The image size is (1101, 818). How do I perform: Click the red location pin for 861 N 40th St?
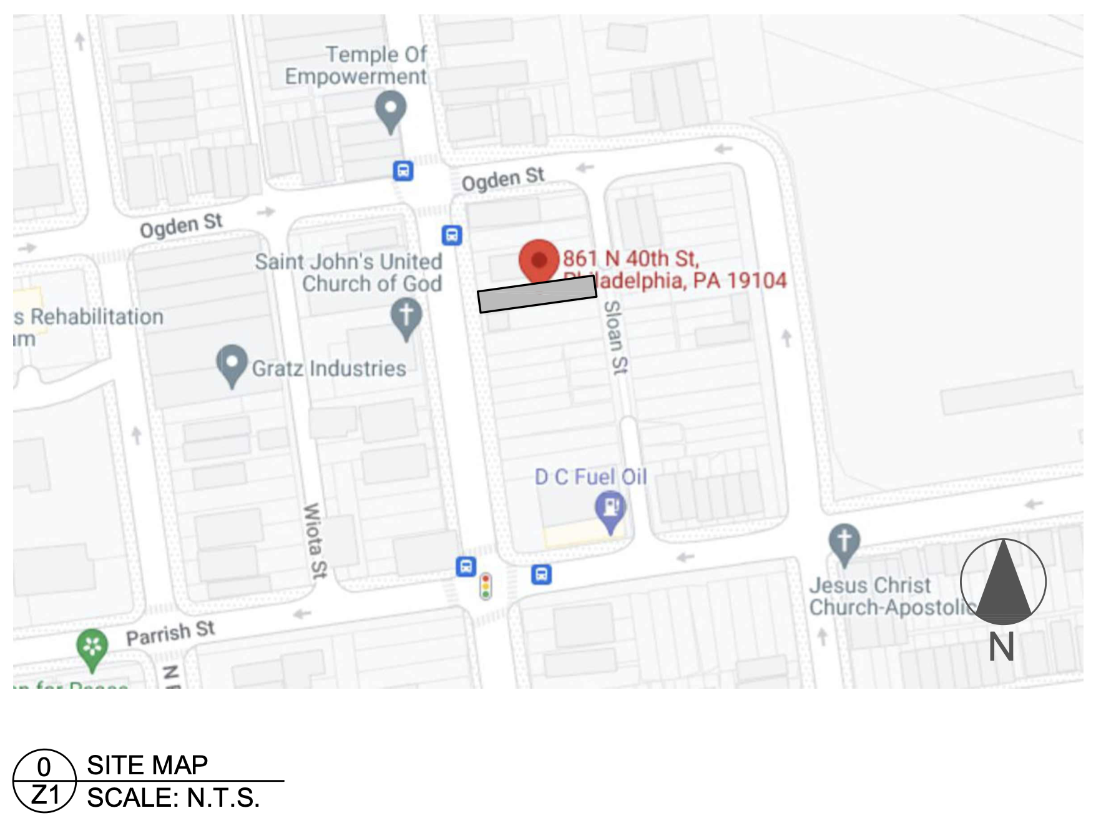539,260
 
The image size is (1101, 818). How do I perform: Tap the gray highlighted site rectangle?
537,294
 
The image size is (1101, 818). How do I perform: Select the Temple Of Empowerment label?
356,65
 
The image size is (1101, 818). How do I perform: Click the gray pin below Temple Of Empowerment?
391,110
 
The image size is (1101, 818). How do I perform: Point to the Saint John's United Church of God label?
349,272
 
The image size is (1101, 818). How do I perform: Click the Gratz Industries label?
329,368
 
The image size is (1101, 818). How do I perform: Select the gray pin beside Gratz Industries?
232,364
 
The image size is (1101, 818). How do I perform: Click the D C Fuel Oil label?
590,477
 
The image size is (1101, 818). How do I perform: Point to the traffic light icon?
486,586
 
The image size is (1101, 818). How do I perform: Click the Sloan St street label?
615,338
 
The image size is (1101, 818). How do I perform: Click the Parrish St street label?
170,633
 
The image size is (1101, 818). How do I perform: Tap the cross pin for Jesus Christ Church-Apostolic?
844,541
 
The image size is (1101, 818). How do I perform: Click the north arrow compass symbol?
1002,582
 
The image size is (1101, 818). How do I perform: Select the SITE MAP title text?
147,765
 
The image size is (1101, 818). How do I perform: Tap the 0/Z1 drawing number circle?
44,781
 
